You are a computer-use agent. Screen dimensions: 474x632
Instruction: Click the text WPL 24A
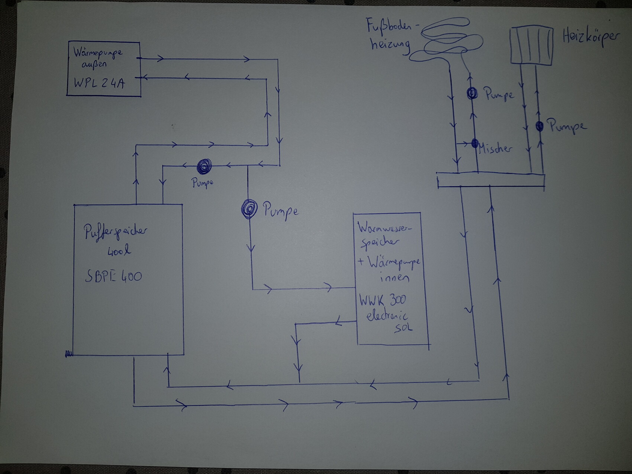(99, 83)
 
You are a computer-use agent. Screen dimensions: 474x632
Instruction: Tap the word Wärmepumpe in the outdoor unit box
(98, 52)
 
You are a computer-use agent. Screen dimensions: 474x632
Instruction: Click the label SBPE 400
(113, 276)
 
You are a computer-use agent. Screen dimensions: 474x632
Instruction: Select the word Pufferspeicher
(115, 232)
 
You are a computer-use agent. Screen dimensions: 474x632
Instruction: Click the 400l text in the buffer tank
(119, 252)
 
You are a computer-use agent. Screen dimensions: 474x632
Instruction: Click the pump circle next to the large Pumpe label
(249, 209)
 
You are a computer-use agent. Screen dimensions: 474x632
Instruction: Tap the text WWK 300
(382, 300)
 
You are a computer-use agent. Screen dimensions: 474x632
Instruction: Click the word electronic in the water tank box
(387, 316)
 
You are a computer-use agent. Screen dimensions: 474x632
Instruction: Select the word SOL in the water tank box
(403, 328)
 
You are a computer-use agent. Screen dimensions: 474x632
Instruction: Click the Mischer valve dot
(475, 143)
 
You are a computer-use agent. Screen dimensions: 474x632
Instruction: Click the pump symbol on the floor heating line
(472, 93)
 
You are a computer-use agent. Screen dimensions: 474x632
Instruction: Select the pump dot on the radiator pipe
(539, 126)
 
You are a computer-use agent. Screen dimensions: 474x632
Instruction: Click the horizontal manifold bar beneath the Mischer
(491, 180)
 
